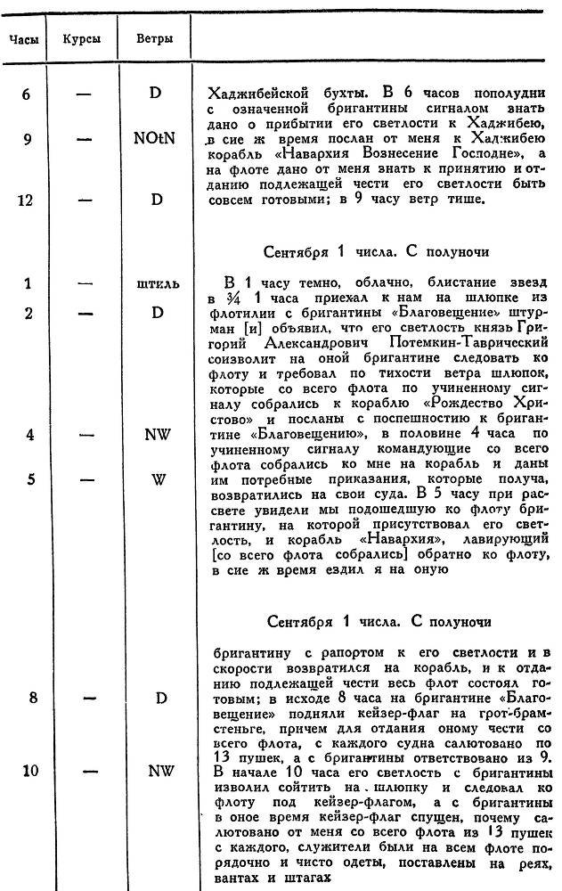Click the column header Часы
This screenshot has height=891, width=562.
23,40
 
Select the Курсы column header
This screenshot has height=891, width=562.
83,40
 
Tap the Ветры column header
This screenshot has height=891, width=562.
154,40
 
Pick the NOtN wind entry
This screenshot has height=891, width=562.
158,140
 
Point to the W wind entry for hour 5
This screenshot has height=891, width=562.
158,479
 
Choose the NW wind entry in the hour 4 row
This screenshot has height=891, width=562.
158,437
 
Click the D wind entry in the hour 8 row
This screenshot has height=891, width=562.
160,698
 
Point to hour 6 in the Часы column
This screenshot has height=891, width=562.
27,92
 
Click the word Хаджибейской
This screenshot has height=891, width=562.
248,93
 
